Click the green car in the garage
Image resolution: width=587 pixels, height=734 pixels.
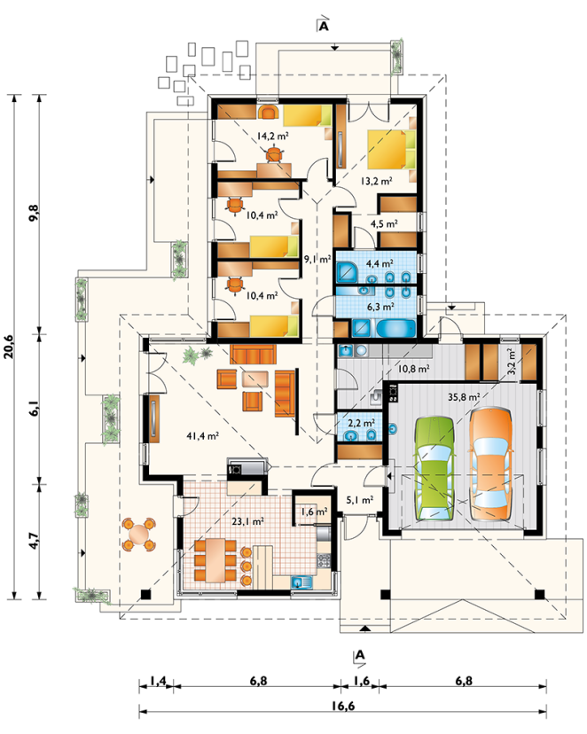(434, 468)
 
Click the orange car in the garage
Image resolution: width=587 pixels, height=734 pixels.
(490, 464)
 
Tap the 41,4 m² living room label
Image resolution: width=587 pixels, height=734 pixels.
(203, 436)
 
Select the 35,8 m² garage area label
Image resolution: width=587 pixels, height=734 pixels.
(464, 397)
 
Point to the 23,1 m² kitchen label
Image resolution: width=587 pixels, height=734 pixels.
(248, 520)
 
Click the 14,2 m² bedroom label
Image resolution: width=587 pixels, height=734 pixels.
(272, 137)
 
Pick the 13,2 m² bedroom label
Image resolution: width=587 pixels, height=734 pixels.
(376, 181)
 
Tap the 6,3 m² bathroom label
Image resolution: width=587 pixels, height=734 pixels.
(380, 307)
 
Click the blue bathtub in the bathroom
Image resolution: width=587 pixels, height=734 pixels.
(396, 328)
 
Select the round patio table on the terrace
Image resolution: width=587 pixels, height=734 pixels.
(138, 533)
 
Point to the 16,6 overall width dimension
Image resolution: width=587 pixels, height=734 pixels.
(343, 705)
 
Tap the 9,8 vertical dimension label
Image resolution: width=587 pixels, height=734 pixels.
(35, 214)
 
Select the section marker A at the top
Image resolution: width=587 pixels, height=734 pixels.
(323, 27)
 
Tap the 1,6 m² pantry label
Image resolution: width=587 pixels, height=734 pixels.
(314, 511)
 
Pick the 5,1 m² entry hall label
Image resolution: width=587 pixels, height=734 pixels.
(359, 500)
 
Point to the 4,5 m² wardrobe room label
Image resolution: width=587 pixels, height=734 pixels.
(384, 223)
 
